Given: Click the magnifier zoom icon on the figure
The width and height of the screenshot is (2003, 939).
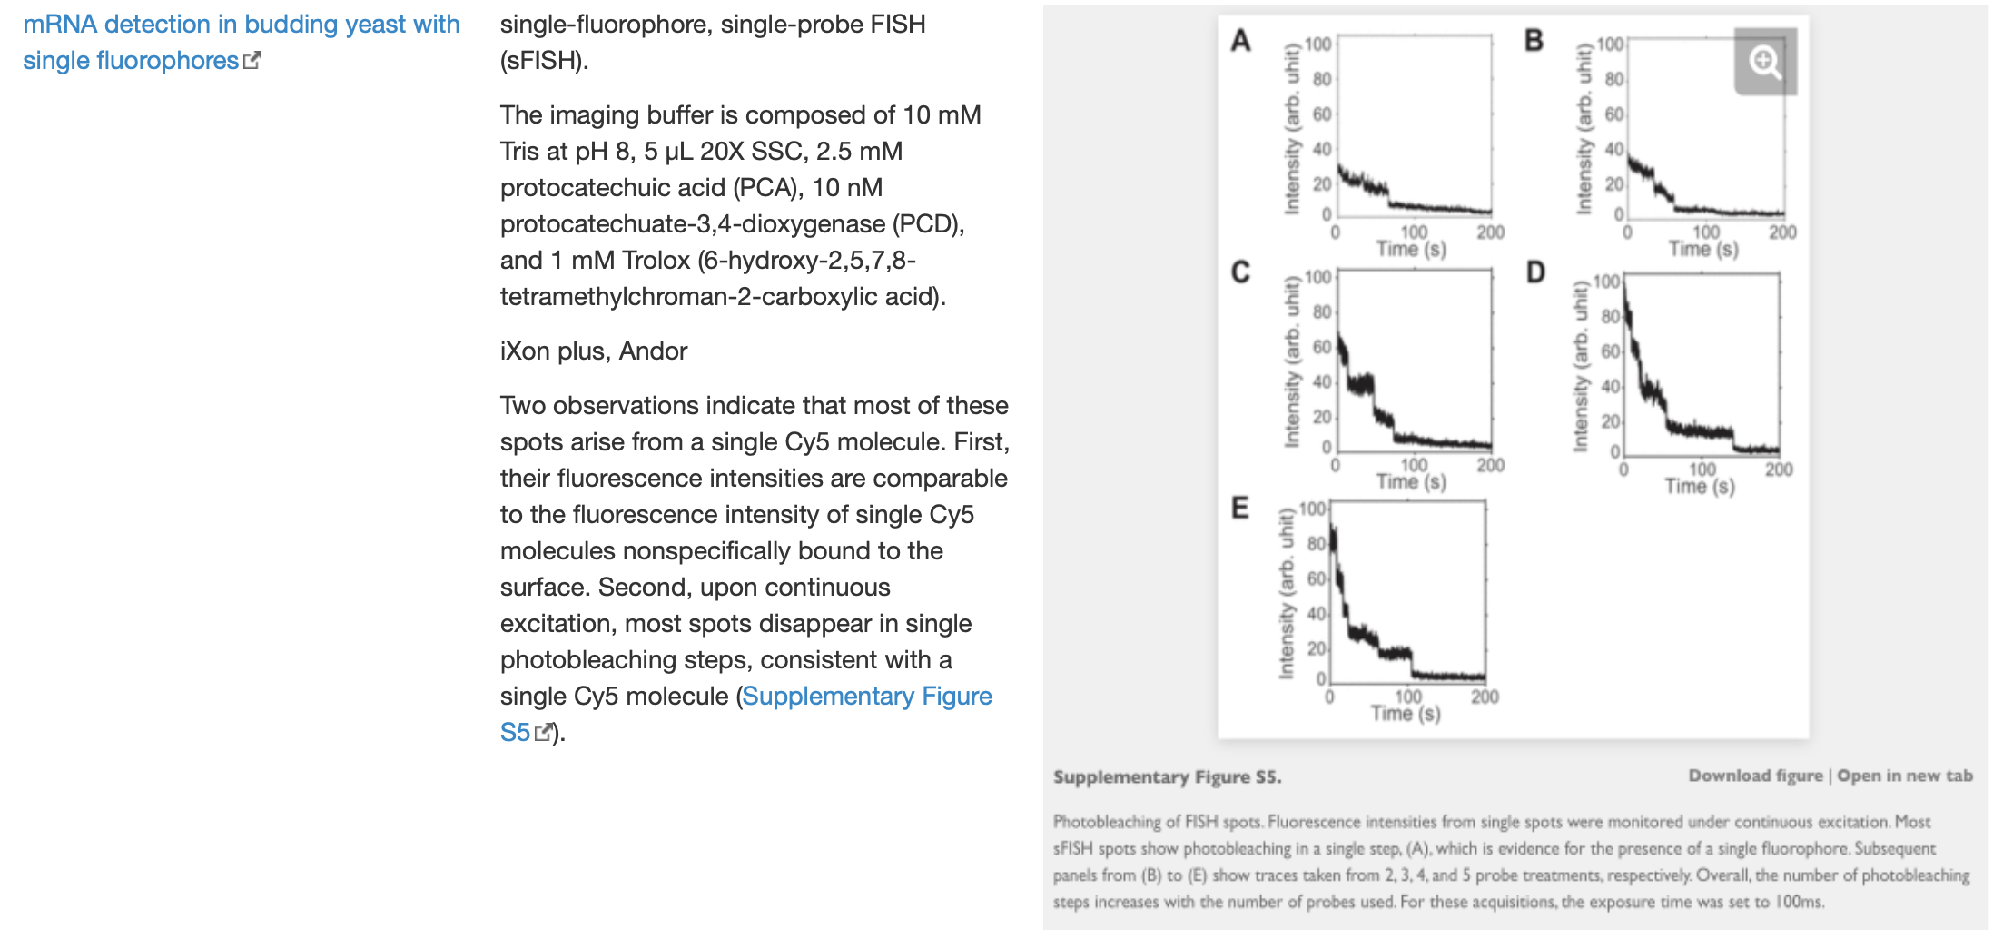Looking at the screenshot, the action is click(1764, 62).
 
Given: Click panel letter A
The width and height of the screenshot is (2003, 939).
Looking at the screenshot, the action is click(1240, 40).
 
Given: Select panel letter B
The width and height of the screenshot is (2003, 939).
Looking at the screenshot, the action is click(1534, 40).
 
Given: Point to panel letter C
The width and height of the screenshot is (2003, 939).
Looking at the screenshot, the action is click(1240, 272).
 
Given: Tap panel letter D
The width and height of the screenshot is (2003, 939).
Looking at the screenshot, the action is click(1535, 272).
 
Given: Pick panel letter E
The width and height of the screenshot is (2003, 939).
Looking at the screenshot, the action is click(1239, 508).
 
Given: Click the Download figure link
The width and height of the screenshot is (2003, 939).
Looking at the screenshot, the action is click(1755, 776).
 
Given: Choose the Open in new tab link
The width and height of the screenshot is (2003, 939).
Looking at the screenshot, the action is click(1905, 776).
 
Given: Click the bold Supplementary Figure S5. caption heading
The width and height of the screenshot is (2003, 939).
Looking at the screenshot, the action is click(1167, 777).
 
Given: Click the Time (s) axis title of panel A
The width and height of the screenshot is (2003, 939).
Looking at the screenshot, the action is click(1411, 249).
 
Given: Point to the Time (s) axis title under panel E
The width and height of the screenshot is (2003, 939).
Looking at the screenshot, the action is click(1406, 714).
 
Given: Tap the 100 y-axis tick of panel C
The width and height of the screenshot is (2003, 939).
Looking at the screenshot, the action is click(1317, 277).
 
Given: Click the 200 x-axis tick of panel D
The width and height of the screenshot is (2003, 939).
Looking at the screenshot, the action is click(1779, 469).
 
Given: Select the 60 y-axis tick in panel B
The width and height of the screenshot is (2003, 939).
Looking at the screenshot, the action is click(1613, 114).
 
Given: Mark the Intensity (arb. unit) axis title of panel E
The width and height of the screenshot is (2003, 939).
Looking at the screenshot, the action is click(1286, 594).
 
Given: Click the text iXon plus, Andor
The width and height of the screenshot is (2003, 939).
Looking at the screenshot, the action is click(594, 351).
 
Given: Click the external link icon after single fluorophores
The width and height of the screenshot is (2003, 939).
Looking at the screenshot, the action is click(252, 61).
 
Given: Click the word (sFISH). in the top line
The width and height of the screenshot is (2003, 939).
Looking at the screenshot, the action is click(545, 61).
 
